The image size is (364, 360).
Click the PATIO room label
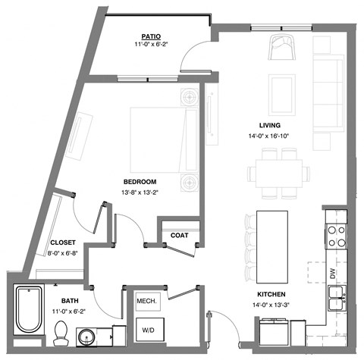click(x=149, y=36)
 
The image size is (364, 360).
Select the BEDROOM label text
click(x=140, y=181)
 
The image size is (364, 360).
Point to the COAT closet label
click(x=179, y=235)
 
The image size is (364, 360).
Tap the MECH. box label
click(x=146, y=302)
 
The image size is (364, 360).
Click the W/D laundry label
click(x=146, y=330)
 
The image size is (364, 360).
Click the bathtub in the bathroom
click(x=30, y=310)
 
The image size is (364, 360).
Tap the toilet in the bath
click(x=61, y=331)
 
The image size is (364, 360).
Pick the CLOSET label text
click(x=61, y=243)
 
